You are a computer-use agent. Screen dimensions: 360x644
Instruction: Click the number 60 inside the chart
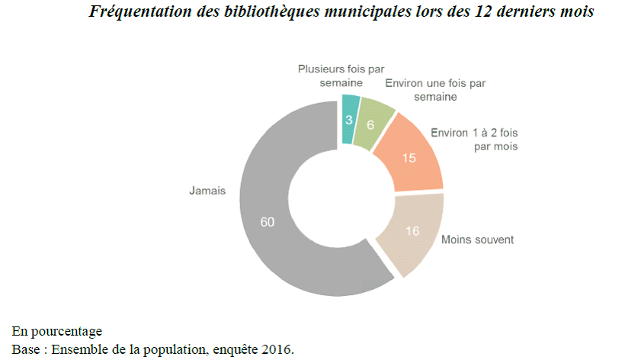267,222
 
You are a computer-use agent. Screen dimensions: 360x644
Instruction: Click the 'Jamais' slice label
207,191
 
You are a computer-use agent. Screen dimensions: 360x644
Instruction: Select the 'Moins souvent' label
478,239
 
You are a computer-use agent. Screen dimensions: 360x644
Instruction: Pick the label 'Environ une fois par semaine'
435,89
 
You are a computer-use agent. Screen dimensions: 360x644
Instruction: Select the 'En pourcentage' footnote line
57,331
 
